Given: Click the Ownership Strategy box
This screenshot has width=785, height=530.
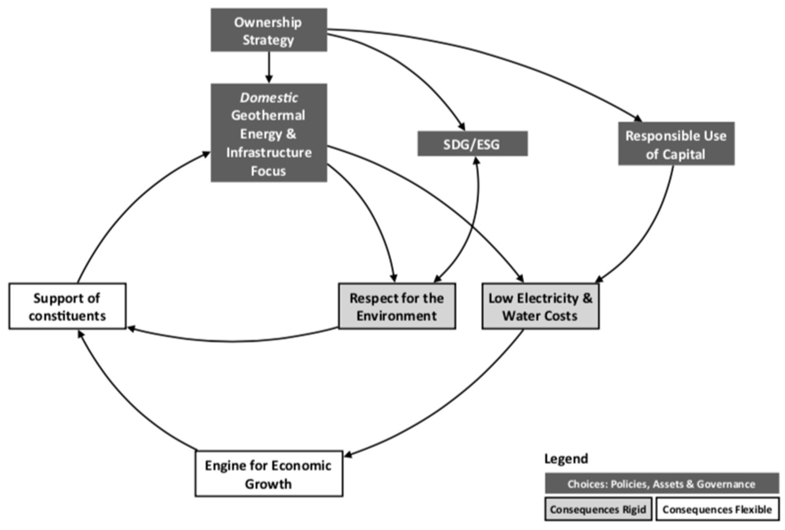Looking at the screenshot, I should click(x=269, y=30).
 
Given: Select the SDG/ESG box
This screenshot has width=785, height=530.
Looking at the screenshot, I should click(x=472, y=144).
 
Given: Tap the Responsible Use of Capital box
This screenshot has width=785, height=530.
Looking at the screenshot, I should click(x=676, y=144).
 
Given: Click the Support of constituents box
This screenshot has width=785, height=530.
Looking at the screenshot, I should click(x=67, y=306).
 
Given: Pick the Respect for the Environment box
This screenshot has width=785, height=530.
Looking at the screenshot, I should click(x=397, y=306).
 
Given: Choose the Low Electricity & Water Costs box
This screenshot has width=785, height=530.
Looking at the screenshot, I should click(x=540, y=306).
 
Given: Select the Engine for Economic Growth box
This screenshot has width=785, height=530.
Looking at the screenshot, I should click(x=269, y=474).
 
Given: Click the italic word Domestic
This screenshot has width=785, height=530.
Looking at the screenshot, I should click(x=269, y=98).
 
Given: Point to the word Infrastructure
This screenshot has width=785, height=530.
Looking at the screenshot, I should click(x=269, y=152).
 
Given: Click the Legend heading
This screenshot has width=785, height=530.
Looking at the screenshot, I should click(x=566, y=458).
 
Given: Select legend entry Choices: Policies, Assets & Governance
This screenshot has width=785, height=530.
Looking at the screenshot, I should click(x=661, y=484).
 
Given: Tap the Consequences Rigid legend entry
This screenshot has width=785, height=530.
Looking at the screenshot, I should click(x=597, y=509).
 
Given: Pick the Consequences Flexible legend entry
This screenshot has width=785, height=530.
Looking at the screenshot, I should click(x=717, y=509).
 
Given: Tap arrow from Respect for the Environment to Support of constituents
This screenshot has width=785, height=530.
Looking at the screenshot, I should click(x=233, y=342).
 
